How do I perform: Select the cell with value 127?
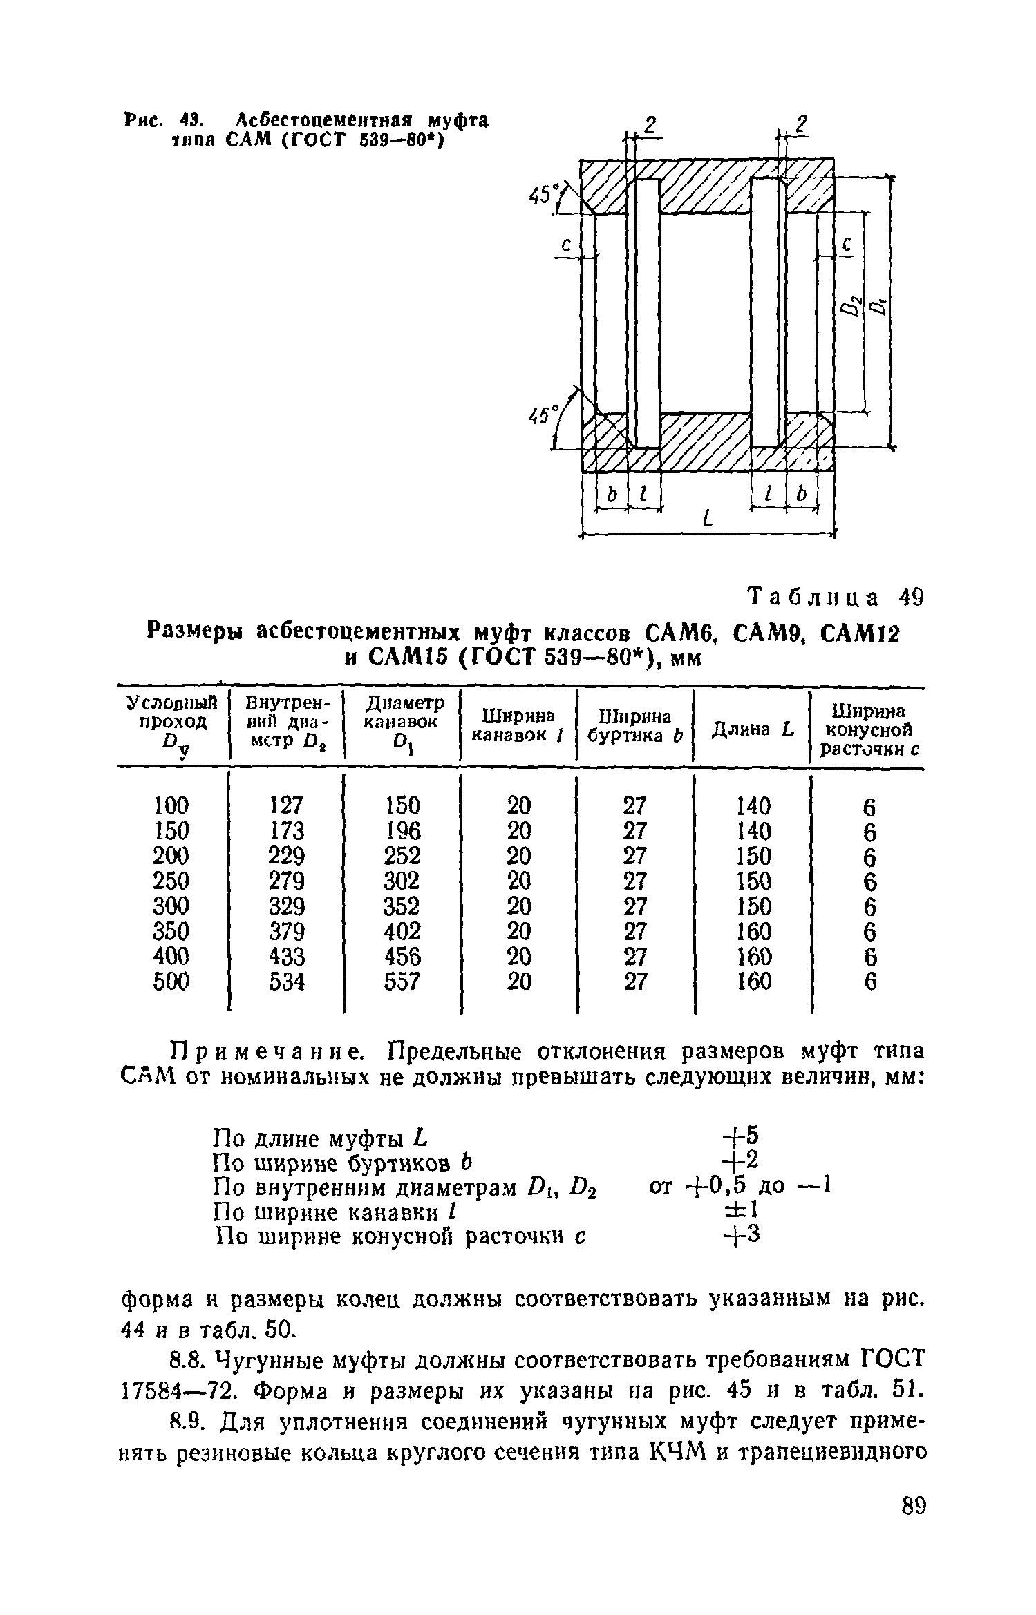(x=286, y=805)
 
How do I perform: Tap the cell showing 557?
(x=402, y=981)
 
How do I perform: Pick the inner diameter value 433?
(x=286, y=956)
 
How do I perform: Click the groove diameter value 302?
(x=402, y=881)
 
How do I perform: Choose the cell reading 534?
(x=286, y=981)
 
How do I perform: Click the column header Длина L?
(x=752, y=729)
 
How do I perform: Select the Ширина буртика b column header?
(x=634, y=726)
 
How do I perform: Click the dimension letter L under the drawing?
(x=706, y=518)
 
